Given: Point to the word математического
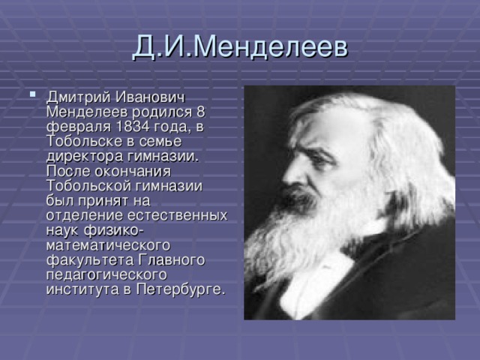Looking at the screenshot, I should (109, 244).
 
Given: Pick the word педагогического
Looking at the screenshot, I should (105, 274).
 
